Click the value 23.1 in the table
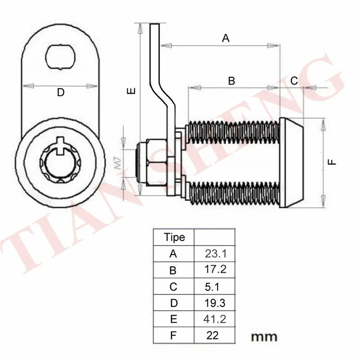(x=216, y=254)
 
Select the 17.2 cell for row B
(x=215, y=269)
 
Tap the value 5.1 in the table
(x=212, y=287)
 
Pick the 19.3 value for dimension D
(x=215, y=303)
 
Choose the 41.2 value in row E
(x=215, y=319)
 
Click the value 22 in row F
(x=212, y=335)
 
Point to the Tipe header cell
(x=175, y=238)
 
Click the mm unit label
(x=264, y=337)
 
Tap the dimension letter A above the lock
(x=226, y=38)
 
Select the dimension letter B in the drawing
(x=231, y=81)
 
